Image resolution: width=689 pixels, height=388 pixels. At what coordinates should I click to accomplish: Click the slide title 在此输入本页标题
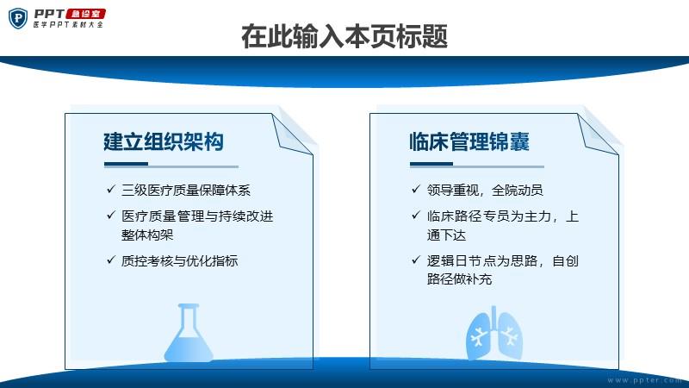pos(344,36)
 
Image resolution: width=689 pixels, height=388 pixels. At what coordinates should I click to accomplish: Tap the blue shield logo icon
pos(18,19)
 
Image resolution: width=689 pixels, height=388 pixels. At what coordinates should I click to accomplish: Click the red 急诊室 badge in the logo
pos(85,14)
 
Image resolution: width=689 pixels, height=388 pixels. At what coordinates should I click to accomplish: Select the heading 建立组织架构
pos(164,141)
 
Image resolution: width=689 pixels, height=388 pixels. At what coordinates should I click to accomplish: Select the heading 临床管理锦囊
pos(469,141)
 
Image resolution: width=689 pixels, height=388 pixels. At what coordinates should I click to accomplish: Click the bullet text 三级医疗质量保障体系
pos(186,190)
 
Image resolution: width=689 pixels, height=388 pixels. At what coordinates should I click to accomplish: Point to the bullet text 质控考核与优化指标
pos(180,260)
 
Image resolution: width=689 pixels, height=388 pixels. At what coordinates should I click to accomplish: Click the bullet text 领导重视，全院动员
pos(485,190)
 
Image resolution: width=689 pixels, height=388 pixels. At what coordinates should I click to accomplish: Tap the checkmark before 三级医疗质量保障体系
pos(111,189)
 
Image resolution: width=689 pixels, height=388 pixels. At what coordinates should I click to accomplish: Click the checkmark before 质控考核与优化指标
pos(111,260)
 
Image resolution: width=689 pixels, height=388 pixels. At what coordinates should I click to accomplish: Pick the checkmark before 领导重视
pos(416,189)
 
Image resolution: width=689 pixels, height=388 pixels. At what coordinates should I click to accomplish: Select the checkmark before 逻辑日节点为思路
pos(416,260)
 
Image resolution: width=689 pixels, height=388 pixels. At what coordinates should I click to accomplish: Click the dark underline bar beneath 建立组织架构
pos(126,164)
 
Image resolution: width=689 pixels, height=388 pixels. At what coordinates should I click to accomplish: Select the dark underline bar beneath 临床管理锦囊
pos(431,164)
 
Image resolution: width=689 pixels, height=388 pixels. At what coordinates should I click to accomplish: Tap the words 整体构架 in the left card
pos(147,235)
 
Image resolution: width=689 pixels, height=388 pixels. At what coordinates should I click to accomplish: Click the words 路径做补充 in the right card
pos(459,278)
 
